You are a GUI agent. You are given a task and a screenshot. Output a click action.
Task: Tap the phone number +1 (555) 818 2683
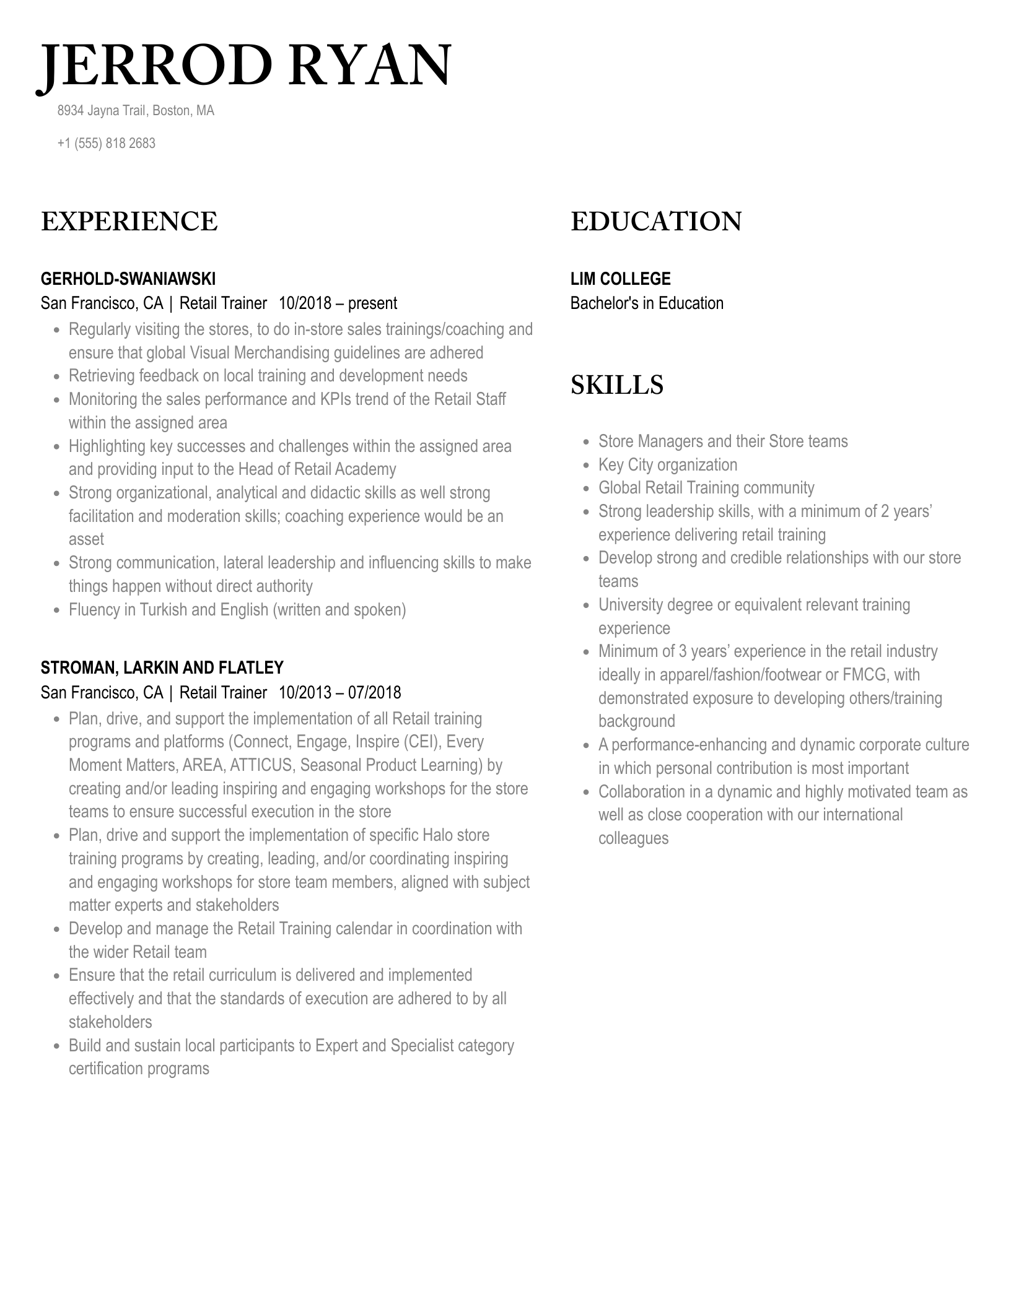pos(106,143)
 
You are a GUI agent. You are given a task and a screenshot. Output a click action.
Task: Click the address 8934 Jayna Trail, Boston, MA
pos(136,111)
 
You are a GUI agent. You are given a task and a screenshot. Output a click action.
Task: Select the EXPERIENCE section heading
pos(129,222)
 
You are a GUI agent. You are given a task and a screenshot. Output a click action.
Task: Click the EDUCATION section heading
pos(655,222)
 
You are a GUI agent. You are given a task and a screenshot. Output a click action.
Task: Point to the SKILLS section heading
pos(616,384)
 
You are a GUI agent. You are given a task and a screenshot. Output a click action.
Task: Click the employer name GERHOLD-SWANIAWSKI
pos(128,279)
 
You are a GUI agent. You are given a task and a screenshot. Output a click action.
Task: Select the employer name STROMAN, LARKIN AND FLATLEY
pos(162,667)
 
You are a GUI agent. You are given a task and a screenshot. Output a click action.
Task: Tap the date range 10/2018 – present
pos(338,303)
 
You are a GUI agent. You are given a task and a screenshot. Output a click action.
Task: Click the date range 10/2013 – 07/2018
pos(339,692)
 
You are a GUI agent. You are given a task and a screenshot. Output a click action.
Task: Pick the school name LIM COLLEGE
pos(620,279)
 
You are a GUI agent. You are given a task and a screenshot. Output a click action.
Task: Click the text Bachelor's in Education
pos(647,303)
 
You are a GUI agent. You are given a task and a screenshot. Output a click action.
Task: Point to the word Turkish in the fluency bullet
pos(163,610)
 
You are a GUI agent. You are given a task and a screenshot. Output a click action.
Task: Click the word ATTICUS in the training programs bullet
pos(260,765)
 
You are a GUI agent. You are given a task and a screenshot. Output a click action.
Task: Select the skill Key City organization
pos(667,465)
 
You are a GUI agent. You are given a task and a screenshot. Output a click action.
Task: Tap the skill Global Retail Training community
pos(706,488)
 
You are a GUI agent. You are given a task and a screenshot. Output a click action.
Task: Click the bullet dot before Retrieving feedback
pos(57,376)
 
